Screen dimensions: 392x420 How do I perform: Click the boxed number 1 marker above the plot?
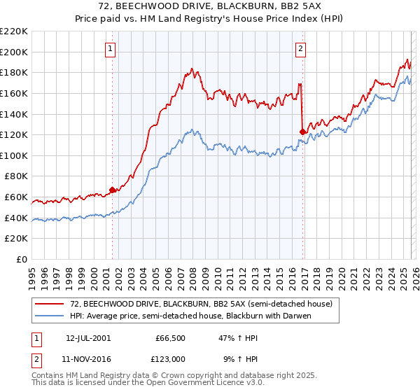point(111,48)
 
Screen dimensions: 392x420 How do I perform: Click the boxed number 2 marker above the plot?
point(300,48)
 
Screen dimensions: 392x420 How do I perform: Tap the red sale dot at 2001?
point(112,189)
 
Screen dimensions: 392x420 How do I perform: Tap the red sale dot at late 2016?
point(302,131)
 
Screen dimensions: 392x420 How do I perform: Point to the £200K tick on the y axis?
point(15,52)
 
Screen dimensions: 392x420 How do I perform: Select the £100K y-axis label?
point(15,155)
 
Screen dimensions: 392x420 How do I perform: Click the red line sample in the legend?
point(49,303)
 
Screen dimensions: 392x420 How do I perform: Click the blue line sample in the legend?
point(49,315)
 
